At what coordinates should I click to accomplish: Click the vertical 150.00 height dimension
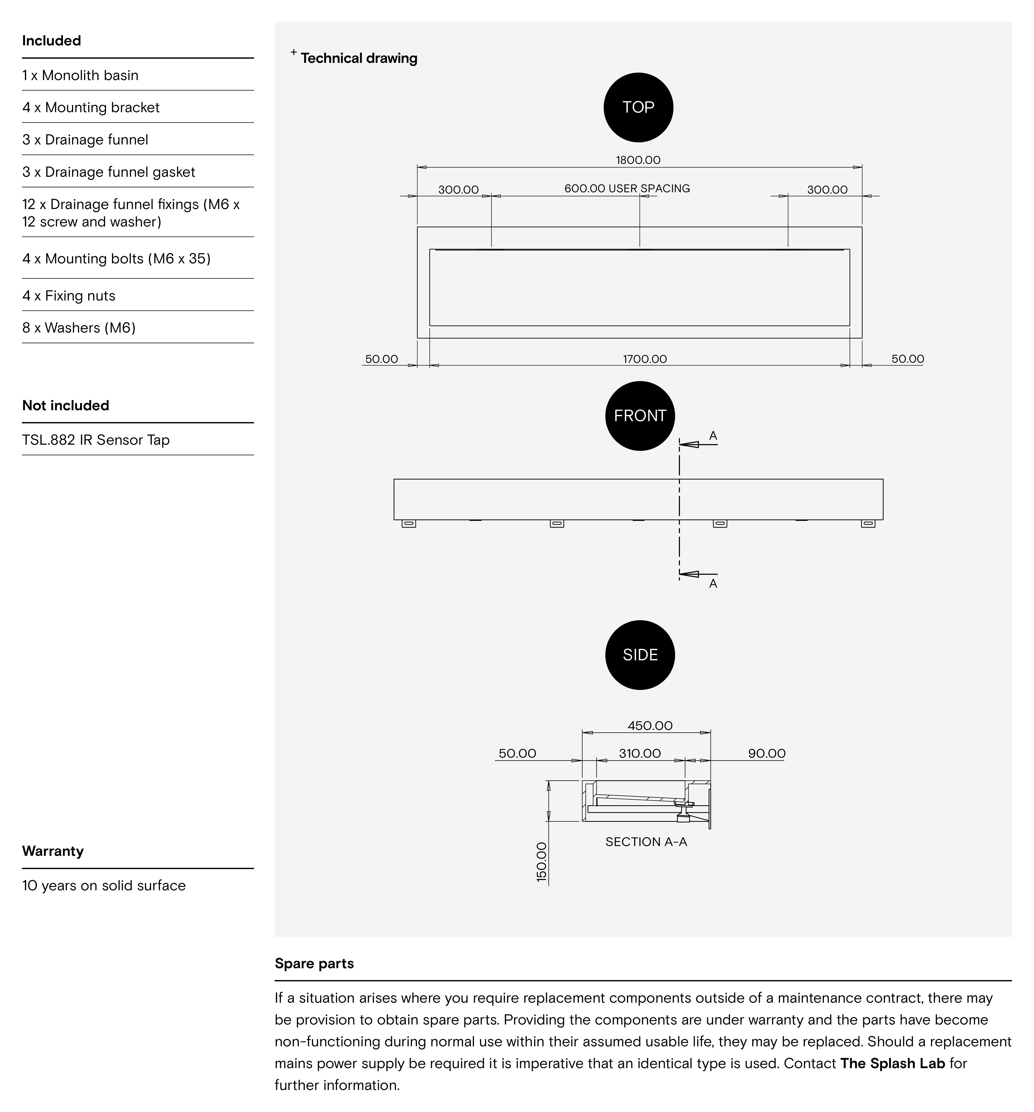(542, 862)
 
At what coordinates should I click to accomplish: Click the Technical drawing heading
(359, 58)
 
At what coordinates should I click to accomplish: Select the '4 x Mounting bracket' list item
(91, 107)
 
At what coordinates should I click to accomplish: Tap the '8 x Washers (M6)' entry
(79, 328)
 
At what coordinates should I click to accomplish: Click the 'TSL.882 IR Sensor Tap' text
(96, 440)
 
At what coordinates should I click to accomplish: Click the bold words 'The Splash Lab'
(892, 1063)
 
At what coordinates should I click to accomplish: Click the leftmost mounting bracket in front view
(409, 523)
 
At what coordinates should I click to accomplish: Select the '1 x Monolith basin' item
(80, 76)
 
